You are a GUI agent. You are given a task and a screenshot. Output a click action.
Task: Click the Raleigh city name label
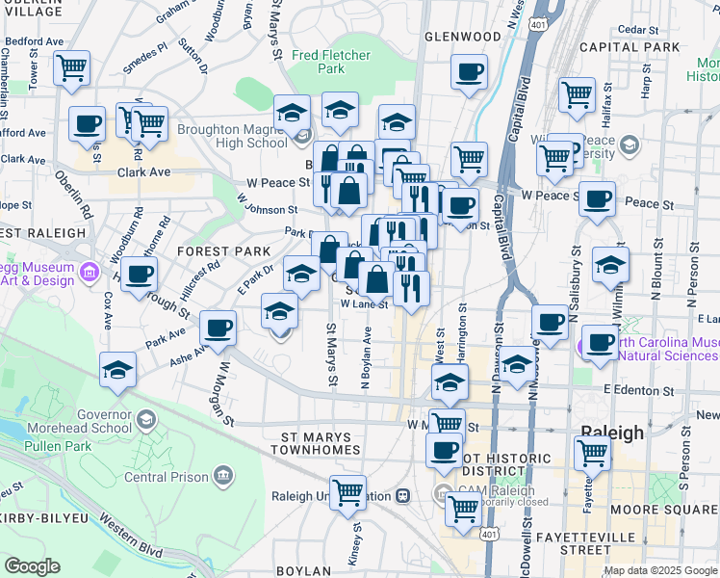point(612,433)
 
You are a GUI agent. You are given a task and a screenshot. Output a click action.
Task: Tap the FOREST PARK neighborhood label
point(224,251)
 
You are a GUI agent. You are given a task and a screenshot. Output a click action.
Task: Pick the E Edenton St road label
point(638,390)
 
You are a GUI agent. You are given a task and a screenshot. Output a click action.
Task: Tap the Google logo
point(32,566)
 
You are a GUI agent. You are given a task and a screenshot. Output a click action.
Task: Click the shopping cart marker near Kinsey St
point(347,492)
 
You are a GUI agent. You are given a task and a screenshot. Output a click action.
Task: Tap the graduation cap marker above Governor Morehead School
point(117,370)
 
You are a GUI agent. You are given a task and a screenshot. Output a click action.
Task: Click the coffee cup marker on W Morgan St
point(218,328)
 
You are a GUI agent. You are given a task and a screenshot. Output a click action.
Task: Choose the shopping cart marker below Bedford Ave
point(71,69)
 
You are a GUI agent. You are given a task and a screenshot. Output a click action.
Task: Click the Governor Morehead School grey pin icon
point(145,419)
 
